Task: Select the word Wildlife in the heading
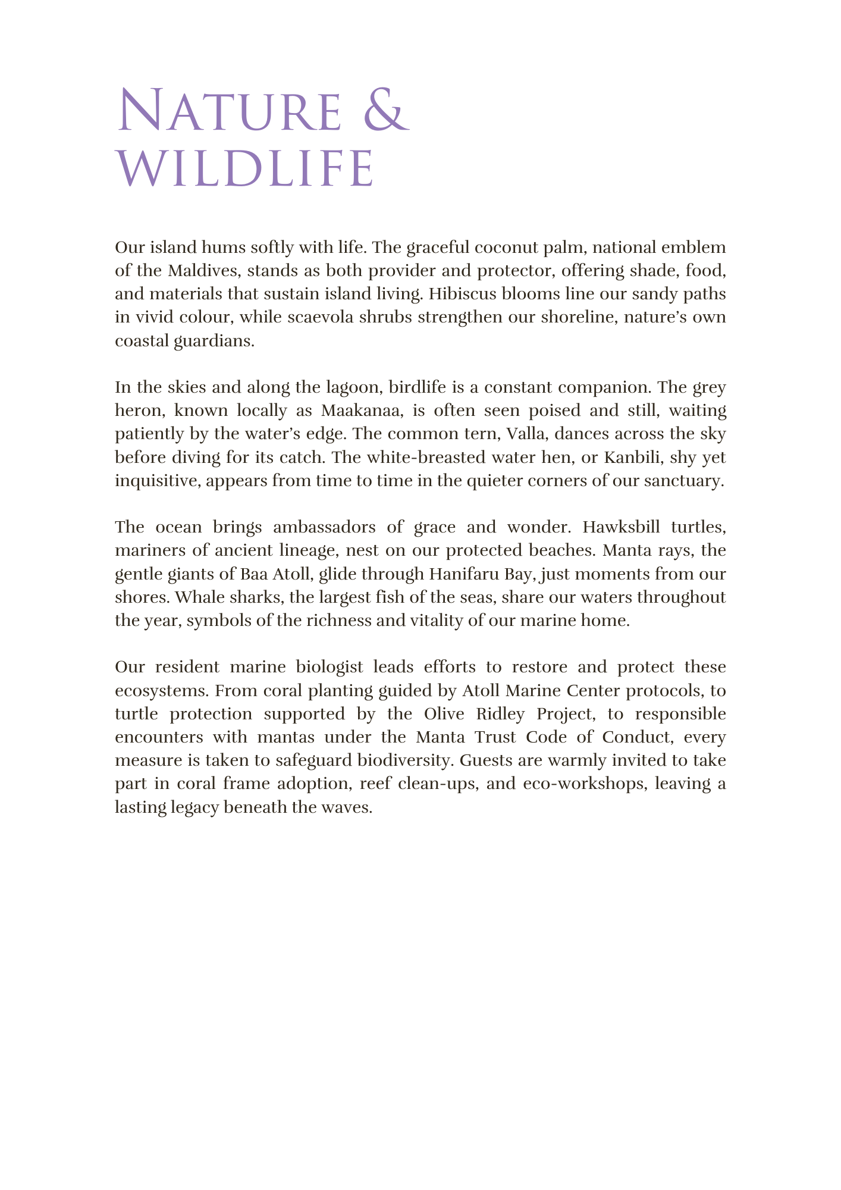click(245, 169)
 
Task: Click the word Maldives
click(202, 271)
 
